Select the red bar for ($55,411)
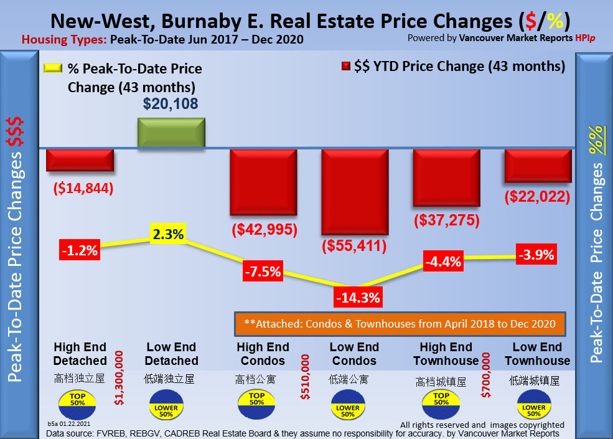(354, 191)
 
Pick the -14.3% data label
(357, 297)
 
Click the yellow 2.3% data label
(168, 235)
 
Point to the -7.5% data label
(262, 271)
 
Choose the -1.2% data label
(79, 250)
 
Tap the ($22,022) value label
(538, 197)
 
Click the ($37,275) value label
(446, 220)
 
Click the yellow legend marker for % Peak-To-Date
(53, 68)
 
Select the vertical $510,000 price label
(305, 377)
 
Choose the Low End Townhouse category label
(537, 354)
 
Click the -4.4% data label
(442, 262)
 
